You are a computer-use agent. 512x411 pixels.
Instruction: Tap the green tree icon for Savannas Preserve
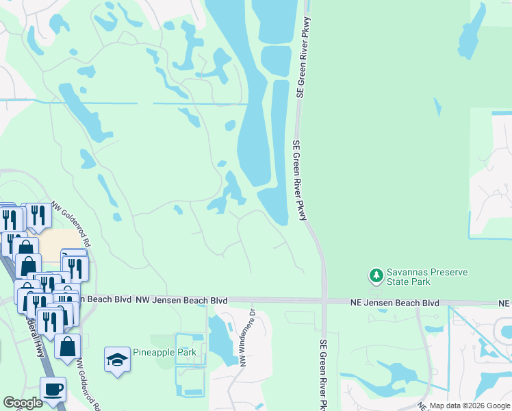pos(376,276)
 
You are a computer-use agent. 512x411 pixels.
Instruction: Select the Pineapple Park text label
pos(166,353)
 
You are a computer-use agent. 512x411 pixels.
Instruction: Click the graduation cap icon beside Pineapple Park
pos(117,359)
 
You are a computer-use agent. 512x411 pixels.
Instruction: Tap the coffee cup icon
pos(53,390)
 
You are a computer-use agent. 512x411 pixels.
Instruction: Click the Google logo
pos(23,403)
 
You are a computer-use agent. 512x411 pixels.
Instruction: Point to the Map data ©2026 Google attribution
pos(469,406)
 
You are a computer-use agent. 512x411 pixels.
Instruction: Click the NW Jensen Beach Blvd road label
pos(181,300)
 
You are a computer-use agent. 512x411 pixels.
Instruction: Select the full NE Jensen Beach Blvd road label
pos(394,302)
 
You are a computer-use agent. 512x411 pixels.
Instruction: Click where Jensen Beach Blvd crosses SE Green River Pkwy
pos(324,300)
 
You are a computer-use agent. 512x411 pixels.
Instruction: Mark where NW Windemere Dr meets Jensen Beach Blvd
pos(253,301)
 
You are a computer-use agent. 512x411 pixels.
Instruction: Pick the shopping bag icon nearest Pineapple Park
pos(68,346)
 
